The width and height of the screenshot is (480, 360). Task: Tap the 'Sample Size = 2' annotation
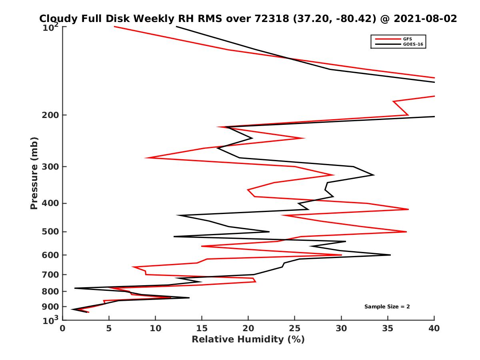pyautogui.click(x=387, y=307)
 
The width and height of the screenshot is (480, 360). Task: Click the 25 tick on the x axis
pyautogui.click(x=295, y=328)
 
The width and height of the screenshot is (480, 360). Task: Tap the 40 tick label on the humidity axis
pyautogui.click(x=434, y=328)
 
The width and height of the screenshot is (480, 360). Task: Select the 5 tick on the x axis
pyautogui.click(x=109, y=328)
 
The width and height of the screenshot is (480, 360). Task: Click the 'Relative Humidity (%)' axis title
pyautogui.click(x=248, y=340)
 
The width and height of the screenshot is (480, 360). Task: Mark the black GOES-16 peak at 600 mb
pyautogui.click(x=390, y=255)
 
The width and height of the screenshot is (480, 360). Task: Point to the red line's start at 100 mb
pyautogui.click(x=115, y=26)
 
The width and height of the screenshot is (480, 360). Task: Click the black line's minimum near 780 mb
pyautogui.click(x=75, y=288)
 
